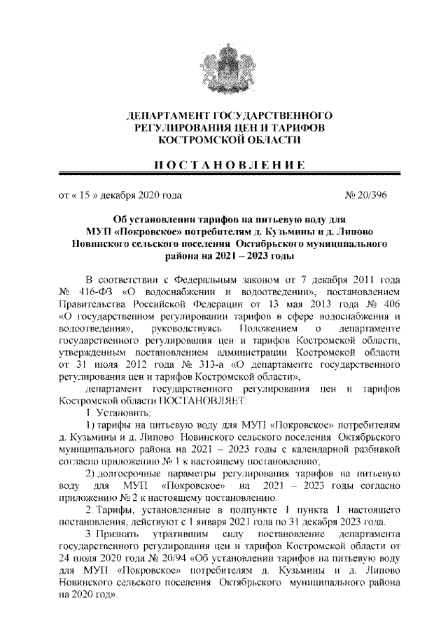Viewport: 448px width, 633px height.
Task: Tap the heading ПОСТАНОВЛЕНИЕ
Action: (223, 165)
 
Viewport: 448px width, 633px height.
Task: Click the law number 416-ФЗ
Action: (94, 290)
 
